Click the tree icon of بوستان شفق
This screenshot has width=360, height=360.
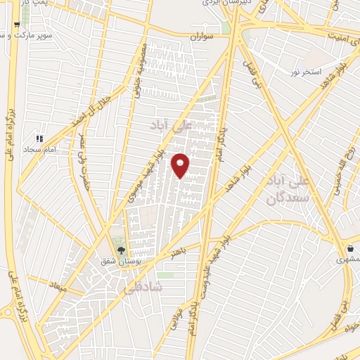point(121,250)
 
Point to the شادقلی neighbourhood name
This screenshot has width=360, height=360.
point(143,288)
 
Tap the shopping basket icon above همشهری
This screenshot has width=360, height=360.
point(349,248)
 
